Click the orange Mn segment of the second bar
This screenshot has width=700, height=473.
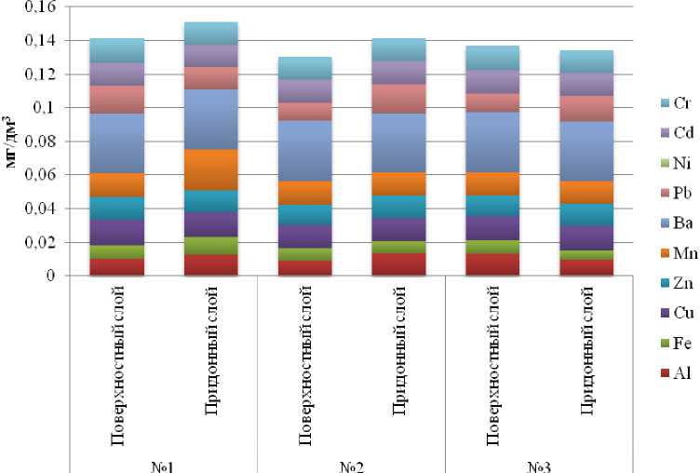tap(210, 169)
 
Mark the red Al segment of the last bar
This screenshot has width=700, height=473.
tap(586, 267)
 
